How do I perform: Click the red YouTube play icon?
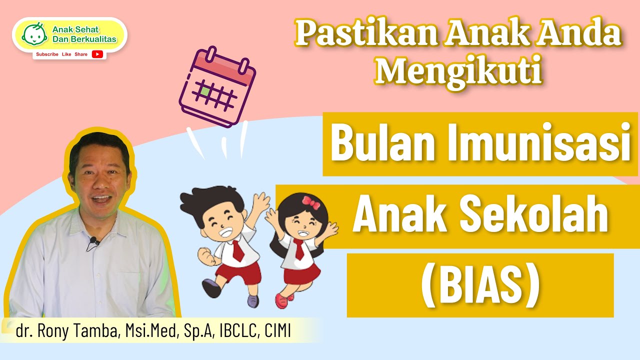(x=97, y=54)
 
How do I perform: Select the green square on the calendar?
(x=205, y=91)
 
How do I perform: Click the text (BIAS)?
(x=480, y=286)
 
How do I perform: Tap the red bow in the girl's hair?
(x=310, y=202)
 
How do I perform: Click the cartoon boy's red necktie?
(x=237, y=250)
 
